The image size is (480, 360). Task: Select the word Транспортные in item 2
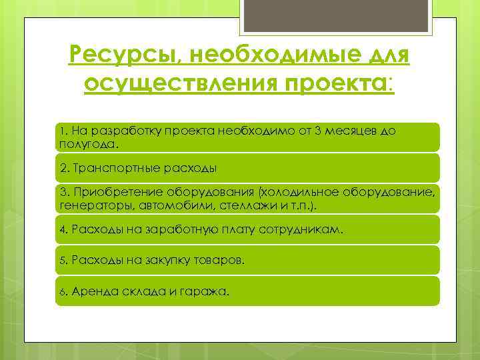(111, 169)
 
